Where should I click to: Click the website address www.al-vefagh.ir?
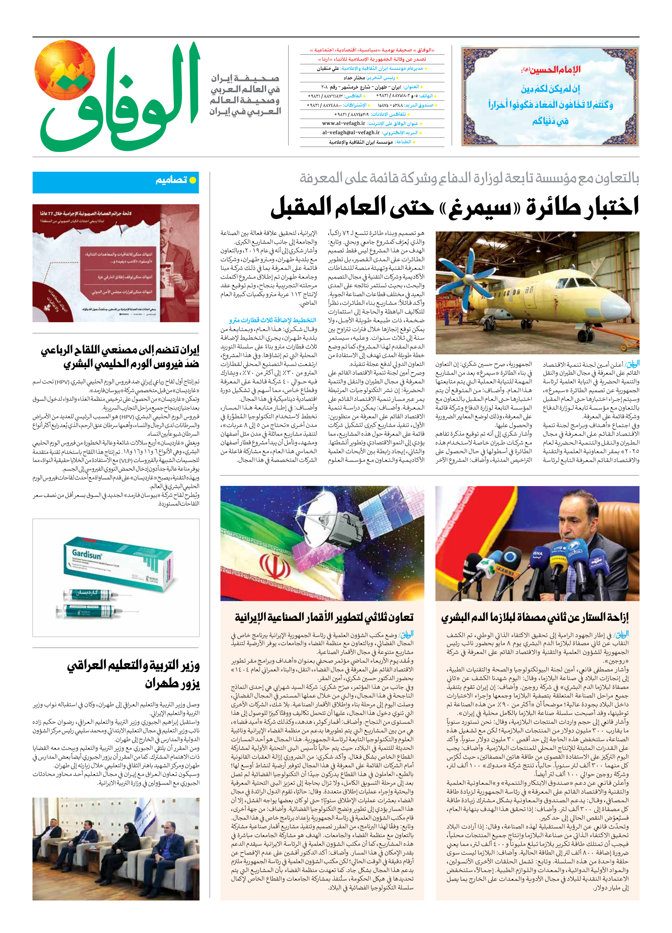click(343, 123)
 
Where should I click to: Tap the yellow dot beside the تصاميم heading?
click(192, 180)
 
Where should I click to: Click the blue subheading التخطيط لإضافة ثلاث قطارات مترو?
click(273, 320)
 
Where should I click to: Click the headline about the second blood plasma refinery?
click(534, 617)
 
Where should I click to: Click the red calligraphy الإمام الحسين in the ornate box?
click(551, 69)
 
